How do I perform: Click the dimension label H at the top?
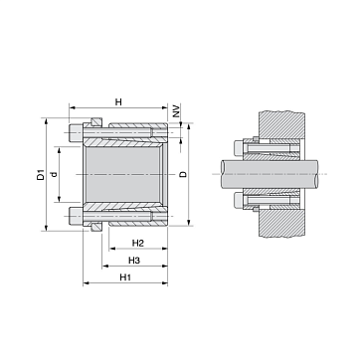118,101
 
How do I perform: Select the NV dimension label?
176,111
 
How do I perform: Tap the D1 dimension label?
40,175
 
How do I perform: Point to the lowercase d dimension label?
55,174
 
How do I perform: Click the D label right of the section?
183,174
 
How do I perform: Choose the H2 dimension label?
138,243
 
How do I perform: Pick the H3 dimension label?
134,261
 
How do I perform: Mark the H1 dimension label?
125,277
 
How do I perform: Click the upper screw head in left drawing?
76,132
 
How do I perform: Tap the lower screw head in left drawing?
76,215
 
